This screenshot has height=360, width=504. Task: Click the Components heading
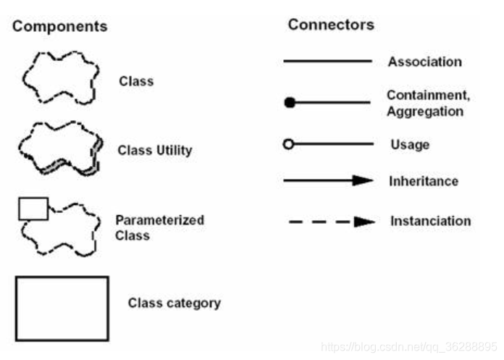(x=59, y=27)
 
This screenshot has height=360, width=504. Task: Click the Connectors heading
(x=331, y=25)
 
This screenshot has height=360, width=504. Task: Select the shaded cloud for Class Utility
(x=58, y=148)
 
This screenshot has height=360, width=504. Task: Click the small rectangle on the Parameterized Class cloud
(x=33, y=209)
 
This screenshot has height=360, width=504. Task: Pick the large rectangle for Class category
(x=62, y=308)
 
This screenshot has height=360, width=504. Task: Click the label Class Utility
(x=154, y=151)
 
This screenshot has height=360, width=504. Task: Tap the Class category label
(x=174, y=303)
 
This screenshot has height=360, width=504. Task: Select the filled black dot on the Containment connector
(x=290, y=103)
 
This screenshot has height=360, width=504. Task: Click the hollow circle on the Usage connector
(x=288, y=144)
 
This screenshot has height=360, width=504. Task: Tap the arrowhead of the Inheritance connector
(x=364, y=180)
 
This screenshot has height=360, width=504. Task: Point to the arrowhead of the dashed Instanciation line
(x=364, y=222)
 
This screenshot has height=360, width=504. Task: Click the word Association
(x=424, y=62)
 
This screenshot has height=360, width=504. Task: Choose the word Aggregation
(x=424, y=112)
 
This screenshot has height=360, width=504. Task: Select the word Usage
(x=410, y=145)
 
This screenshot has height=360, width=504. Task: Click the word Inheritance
(x=424, y=181)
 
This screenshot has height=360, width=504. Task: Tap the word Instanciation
(x=430, y=221)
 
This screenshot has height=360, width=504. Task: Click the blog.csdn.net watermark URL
(x=408, y=347)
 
